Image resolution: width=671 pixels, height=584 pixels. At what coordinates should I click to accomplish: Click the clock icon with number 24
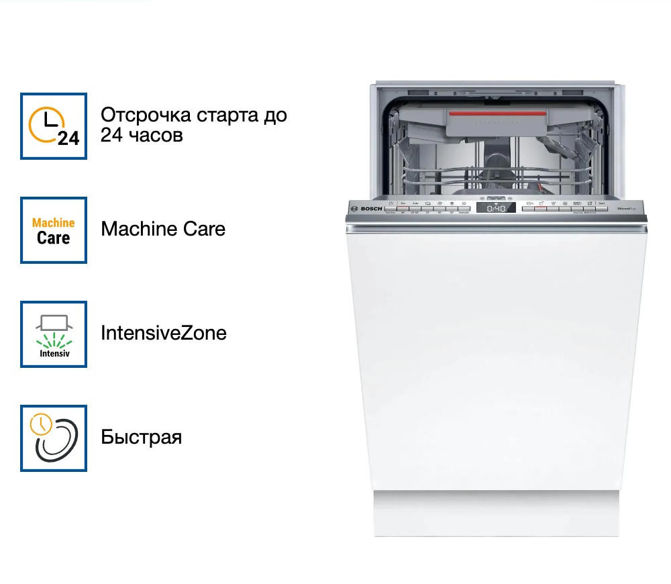(54, 126)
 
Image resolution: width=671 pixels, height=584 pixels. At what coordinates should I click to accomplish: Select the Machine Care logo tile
(54, 230)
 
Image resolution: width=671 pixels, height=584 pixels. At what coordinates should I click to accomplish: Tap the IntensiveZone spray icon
(54, 334)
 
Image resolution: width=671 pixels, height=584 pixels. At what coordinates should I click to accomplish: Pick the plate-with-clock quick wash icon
(54, 438)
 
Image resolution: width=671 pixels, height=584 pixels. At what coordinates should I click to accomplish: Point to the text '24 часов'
(142, 135)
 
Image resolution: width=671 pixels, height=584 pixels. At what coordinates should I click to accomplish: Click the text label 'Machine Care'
(163, 229)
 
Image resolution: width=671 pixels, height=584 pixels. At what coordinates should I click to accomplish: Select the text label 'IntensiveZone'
(164, 333)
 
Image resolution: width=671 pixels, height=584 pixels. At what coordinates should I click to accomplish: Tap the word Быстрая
(142, 438)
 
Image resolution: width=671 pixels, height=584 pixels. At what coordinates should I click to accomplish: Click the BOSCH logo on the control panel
(370, 209)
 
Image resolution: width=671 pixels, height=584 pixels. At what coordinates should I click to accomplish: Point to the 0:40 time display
(497, 209)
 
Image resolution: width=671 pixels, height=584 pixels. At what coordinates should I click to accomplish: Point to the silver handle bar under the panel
(497, 229)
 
